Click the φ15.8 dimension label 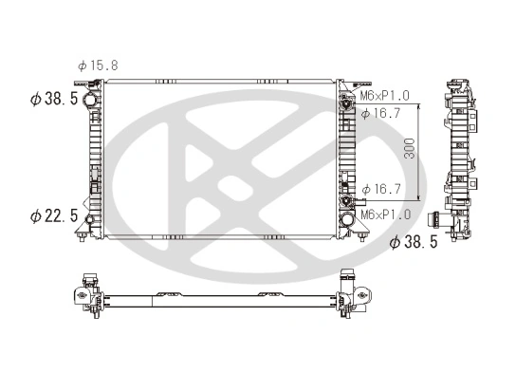point(98,65)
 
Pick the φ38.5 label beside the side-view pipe point(414,243)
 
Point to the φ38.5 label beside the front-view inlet point(54,98)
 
